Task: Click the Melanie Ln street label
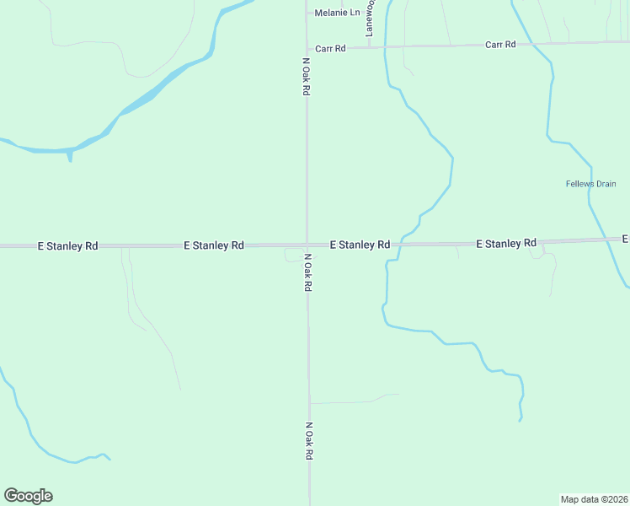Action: tap(336, 13)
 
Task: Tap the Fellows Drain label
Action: tap(590, 184)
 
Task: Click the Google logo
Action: tap(28, 496)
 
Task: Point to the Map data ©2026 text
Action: tap(594, 498)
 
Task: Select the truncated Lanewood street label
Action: tap(369, 19)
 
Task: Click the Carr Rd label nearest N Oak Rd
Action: tap(329, 49)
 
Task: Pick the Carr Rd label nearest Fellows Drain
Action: tap(500, 44)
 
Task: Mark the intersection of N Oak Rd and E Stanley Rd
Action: tap(307, 245)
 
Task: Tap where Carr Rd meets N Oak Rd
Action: tap(307, 48)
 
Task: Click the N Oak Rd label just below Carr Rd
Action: tap(307, 77)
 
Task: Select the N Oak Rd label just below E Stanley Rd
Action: tap(308, 272)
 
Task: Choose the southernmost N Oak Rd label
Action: tap(309, 441)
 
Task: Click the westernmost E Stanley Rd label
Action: tap(68, 246)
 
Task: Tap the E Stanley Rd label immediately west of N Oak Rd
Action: tap(214, 245)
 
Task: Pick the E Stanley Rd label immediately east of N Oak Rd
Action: tap(360, 245)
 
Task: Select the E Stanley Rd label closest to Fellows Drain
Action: tap(506, 244)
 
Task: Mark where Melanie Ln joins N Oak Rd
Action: tap(307, 13)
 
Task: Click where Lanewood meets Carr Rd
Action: tap(369, 47)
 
